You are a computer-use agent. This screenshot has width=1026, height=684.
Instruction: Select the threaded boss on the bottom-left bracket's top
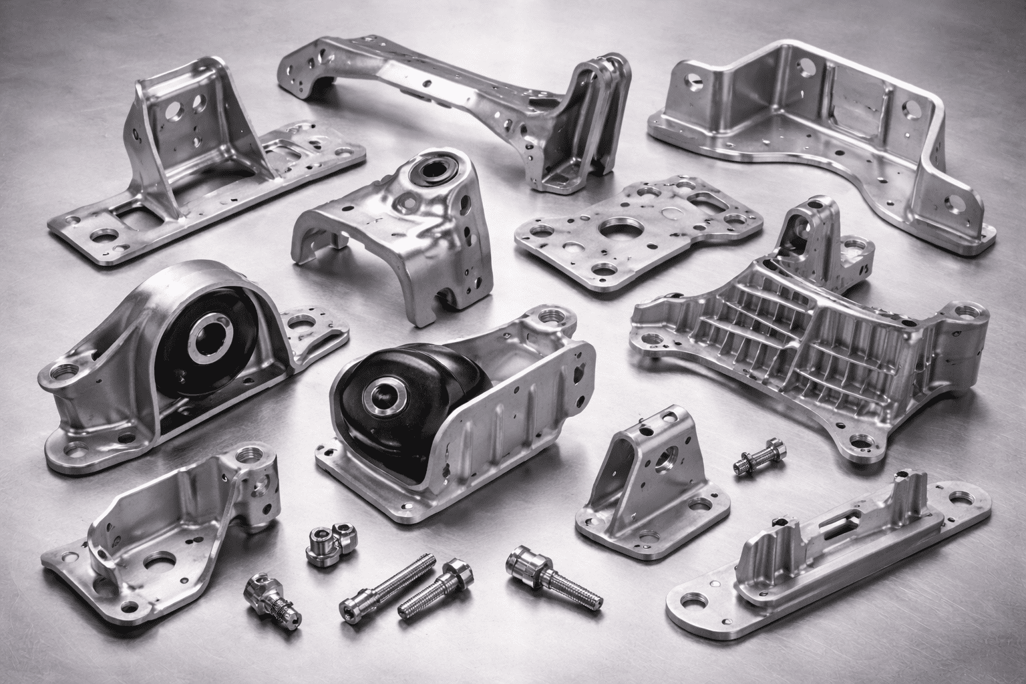tap(254, 457)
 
